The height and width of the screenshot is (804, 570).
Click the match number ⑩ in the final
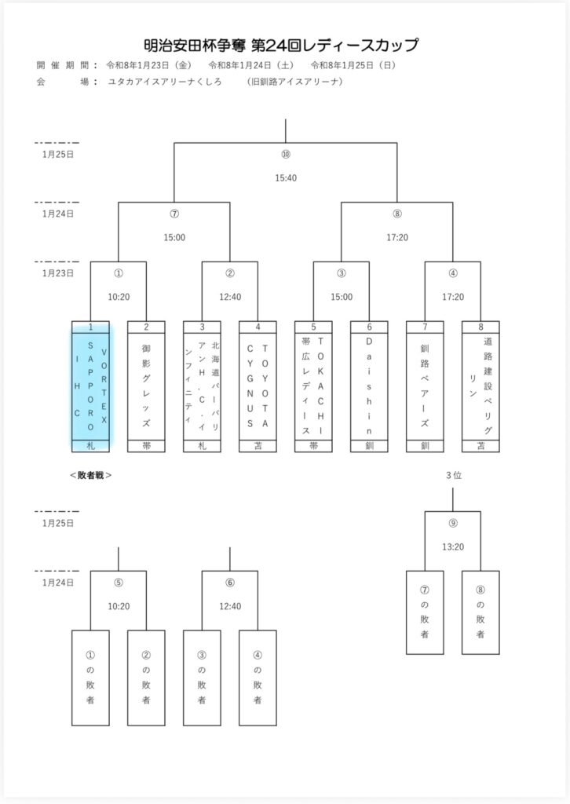click(286, 155)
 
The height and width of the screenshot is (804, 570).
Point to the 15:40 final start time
click(286, 178)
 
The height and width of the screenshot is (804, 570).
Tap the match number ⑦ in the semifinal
click(174, 214)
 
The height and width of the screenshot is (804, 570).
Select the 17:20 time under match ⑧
click(397, 237)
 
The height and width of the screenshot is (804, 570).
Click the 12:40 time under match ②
click(230, 297)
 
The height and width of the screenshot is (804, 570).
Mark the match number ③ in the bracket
click(342, 273)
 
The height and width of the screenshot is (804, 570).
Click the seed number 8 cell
click(480, 327)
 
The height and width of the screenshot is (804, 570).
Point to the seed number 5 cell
click(313, 327)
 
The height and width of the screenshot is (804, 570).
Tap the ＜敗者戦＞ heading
click(91, 475)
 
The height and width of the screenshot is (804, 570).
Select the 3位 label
click(453, 475)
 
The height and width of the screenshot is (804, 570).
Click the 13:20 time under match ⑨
click(453, 546)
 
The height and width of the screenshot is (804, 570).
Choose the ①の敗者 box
click(90, 676)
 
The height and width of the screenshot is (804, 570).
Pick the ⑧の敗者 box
click(480, 612)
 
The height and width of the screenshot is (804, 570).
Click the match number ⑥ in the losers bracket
click(230, 583)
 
